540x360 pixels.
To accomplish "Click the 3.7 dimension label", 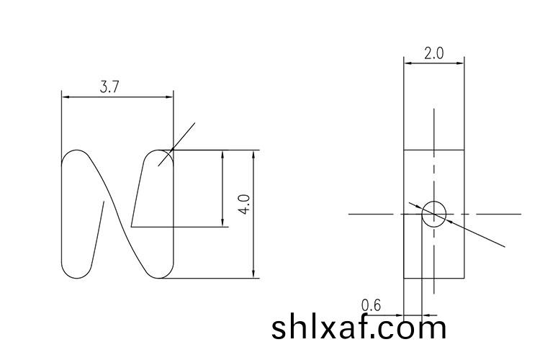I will [109, 87].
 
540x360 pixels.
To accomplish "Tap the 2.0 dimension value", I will [433, 54].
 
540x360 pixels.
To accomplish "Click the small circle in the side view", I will [434, 214].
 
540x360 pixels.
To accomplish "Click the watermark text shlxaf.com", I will [359, 328].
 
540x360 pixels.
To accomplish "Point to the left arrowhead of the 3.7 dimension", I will [66, 96].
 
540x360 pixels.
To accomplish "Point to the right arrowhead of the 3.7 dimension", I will [170, 96].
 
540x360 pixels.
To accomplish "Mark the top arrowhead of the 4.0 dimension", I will [253, 154].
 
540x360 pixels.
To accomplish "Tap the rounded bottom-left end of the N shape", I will [76, 271].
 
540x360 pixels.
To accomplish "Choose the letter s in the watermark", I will [279, 329].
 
